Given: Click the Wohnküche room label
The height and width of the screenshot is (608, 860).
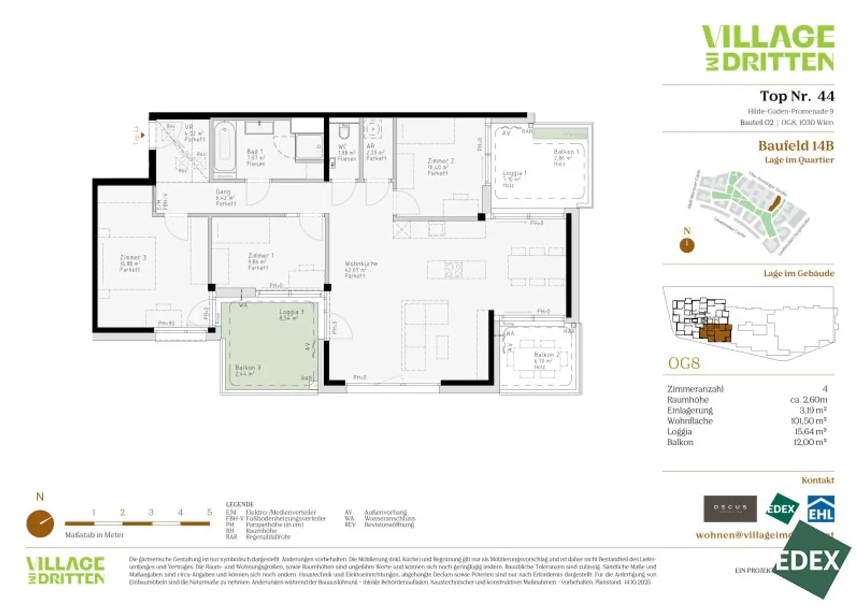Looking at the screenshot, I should (361, 263).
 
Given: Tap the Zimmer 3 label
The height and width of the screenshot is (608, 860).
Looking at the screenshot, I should (133, 258).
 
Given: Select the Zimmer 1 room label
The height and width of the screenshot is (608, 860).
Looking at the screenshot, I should (260, 256).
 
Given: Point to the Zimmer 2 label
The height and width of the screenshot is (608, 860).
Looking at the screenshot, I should (441, 161).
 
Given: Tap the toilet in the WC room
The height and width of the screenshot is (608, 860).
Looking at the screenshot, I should (344, 132).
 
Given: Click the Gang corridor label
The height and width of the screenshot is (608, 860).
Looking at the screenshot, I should (223, 192).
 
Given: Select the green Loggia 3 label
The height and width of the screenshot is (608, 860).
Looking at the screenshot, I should (291, 312).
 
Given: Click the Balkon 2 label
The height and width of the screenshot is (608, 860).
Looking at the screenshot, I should (546, 355).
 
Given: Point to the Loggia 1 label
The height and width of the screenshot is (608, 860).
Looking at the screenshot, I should (515, 173).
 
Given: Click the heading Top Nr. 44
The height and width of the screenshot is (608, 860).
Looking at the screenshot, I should (796, 96).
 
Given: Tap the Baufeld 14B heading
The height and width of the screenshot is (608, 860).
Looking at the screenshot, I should (796, 146).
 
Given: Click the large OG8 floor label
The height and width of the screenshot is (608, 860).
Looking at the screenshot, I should (684, 364).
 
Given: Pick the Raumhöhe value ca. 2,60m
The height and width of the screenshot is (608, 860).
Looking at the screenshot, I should (808, 399).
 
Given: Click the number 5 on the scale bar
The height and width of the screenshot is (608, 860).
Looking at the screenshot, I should (209, 512).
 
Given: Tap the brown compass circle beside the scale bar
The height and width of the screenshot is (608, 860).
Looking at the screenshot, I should (40, 524).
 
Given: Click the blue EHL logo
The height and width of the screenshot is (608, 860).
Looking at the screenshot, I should (820, 509).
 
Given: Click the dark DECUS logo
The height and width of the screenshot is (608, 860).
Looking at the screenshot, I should (730, 508).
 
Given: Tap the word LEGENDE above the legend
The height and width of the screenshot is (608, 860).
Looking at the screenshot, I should (240, 504).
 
